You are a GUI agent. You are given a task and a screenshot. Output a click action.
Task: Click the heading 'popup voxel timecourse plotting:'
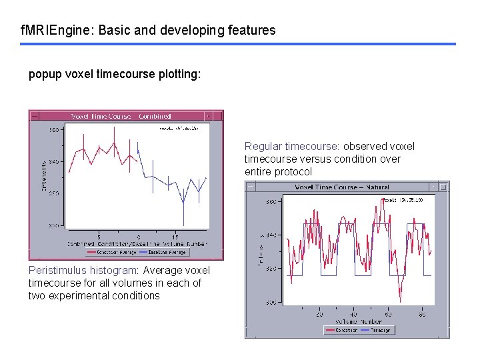(114, 75)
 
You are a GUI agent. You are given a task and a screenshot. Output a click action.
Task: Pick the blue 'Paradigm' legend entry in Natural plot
(379, 329)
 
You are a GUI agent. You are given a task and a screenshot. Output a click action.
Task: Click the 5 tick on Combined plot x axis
(99, 237)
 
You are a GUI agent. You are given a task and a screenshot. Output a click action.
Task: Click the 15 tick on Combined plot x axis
(175, 237)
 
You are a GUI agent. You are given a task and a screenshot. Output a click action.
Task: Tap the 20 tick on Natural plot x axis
(319, 313)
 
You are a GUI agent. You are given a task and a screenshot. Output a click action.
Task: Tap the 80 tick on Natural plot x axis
(423, 313)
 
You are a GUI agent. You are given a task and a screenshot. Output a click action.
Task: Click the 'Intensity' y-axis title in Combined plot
(44, 175)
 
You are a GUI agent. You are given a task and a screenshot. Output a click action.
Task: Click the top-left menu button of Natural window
(251, 188)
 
